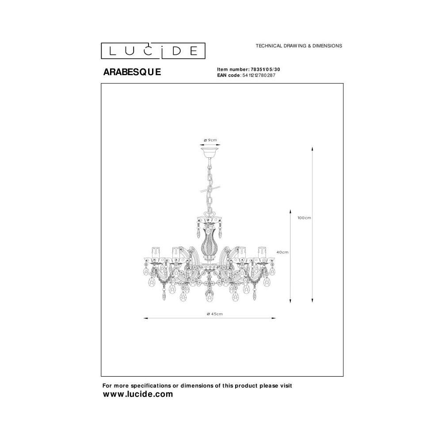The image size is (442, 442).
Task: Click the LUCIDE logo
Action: point(153,51)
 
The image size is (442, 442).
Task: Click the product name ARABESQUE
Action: point(132,72)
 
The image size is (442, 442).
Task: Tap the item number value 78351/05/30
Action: point(265,69)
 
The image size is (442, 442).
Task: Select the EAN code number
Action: point(259,75)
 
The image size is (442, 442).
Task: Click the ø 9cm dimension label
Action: point(210,140)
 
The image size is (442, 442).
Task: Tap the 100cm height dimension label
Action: point(304,218)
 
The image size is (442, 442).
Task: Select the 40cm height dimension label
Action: point(282,252)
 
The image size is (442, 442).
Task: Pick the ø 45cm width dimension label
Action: point(215,314)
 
